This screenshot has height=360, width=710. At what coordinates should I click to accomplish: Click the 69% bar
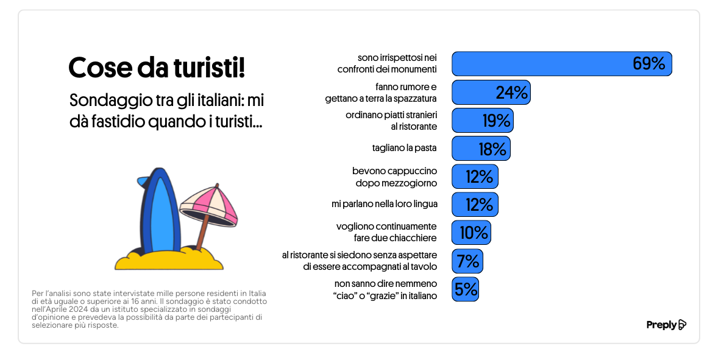561,64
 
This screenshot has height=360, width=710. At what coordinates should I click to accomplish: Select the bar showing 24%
491,93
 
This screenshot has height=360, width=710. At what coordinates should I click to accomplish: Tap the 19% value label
496,121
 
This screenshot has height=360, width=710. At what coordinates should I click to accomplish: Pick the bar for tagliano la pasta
481,149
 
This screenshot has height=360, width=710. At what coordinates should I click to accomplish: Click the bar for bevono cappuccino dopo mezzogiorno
475,177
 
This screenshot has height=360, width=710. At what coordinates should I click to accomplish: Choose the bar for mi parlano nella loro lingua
475,205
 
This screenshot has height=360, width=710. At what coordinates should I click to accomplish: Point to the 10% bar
471,233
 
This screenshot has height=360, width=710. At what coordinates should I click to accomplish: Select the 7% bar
467,261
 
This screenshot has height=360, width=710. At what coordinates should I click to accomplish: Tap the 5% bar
465,289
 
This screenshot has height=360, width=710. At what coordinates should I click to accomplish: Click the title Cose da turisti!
157,68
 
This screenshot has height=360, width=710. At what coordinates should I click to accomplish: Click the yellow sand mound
169,259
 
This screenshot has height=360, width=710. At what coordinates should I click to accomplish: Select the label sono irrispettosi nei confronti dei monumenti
387,64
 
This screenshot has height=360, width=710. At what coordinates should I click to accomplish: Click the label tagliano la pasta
404,148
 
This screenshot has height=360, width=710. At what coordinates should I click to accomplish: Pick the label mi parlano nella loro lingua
385,204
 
